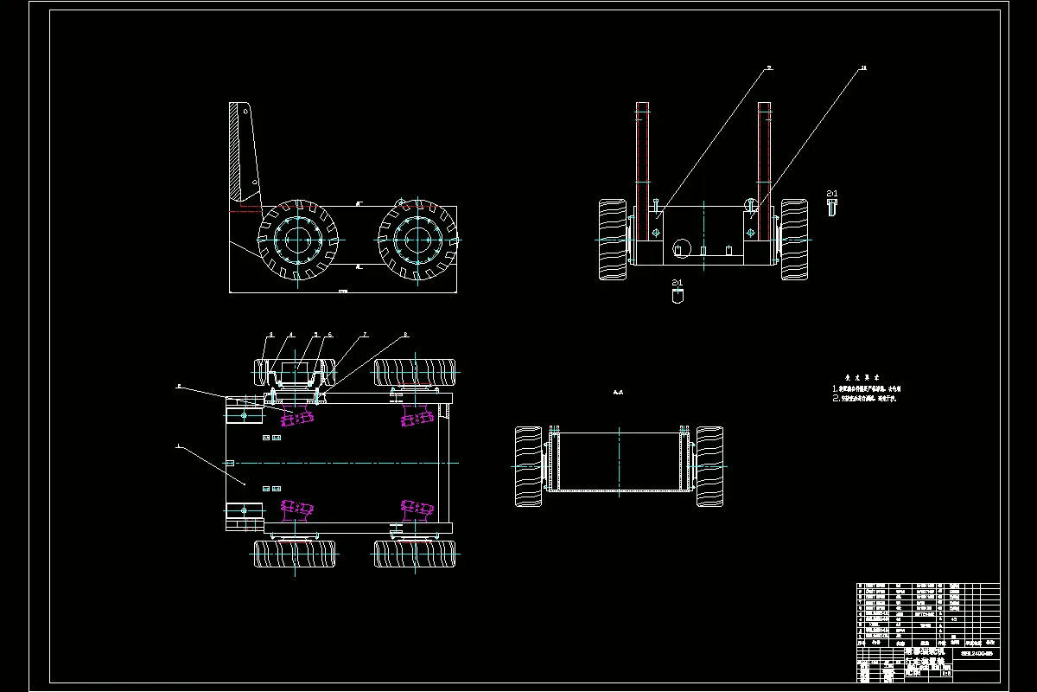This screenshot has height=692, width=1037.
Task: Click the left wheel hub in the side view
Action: point(295,240)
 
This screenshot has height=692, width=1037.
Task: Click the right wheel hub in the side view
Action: point(417,240)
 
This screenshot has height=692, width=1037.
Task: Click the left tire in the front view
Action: point(613,240)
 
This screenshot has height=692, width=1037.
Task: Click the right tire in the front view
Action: point(794,240)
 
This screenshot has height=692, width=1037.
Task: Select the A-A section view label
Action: point(618,393)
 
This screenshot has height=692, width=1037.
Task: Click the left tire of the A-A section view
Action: point(528,466)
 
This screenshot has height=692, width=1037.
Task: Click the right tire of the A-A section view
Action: point(710,466)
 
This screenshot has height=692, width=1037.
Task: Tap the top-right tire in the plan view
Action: point(415,373)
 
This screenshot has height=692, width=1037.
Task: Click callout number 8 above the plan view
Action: point(406,334)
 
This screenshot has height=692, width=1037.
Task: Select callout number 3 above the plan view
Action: point(270,334)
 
